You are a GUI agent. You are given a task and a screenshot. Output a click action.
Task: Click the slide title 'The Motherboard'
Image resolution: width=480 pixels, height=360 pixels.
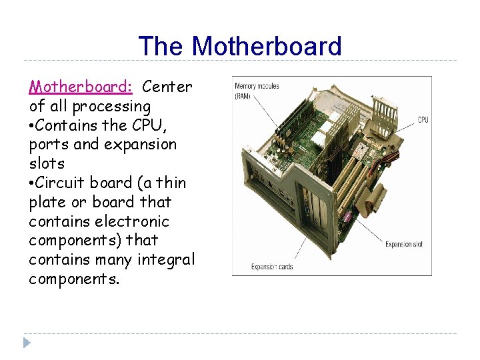coord(239,47)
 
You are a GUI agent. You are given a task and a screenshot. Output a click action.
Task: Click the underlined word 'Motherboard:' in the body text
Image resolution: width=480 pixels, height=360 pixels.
coord(81,87)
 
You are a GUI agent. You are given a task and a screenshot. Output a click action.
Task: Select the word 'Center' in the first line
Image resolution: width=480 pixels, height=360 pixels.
coord(167,87)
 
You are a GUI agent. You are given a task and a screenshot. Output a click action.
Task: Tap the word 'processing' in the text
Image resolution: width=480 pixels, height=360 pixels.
coord(111,107)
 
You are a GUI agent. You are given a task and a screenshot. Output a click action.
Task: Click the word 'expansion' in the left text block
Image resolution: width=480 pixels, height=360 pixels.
coord(143,145)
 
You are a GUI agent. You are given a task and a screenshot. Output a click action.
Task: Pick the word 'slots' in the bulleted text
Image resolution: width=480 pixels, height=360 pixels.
coord(47,163)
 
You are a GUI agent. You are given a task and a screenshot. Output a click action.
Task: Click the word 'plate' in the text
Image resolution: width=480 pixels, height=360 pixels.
coord(47,202)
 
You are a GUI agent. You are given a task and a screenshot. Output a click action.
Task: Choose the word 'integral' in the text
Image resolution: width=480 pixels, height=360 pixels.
coord(165,259)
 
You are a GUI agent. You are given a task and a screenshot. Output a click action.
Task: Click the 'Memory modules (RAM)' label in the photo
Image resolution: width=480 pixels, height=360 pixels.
coord(257,91)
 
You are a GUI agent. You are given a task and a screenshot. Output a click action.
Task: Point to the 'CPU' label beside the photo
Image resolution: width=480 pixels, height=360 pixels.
coord(423,120)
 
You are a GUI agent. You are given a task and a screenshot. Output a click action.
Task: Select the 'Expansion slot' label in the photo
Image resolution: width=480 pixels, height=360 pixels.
coord(403,245)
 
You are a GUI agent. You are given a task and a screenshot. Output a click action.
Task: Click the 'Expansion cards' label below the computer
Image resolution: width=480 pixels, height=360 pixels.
coord(271,267)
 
